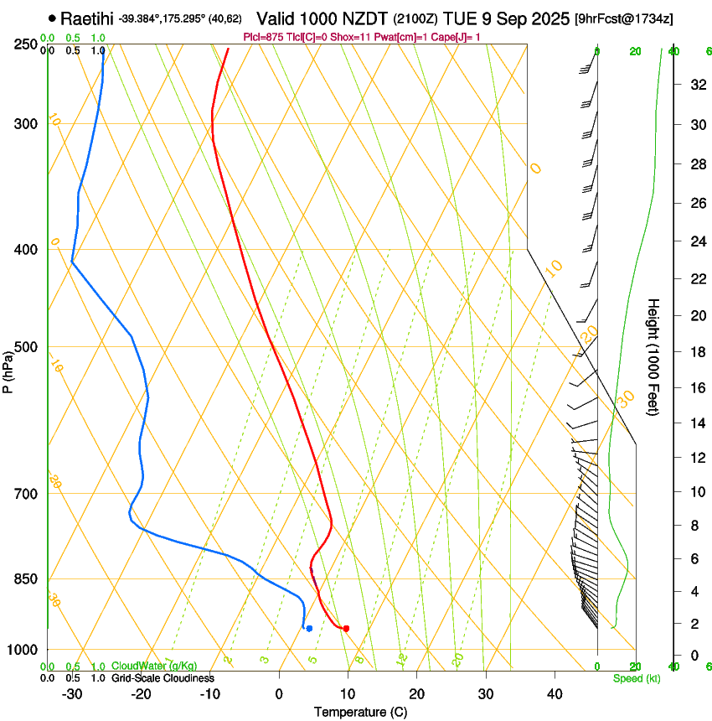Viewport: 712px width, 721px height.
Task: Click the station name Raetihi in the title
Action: tap(87, 18)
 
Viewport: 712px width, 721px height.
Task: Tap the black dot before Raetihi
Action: tap(53, 18)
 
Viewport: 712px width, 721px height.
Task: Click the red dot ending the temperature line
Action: tap(346, 628)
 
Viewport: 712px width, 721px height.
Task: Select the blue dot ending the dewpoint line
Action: tap(309, 628)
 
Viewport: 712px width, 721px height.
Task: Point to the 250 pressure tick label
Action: tap(25, 44)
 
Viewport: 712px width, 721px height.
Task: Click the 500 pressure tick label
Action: tap(25, 347)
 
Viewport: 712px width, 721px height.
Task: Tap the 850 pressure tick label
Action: tap(25, 578)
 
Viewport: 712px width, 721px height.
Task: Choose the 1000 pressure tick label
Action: tap(23, 650)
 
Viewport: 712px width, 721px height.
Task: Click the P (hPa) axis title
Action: tap(8, 367)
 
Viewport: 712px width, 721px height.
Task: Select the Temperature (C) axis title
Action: tap(360, 712)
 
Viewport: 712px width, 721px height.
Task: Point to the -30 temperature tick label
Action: tap(72, 693)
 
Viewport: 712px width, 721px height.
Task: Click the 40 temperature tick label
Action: tap(555, 693)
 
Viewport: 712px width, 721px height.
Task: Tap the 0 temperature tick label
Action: tap(279, 693)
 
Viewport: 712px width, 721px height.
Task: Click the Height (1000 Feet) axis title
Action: tap(654, 356)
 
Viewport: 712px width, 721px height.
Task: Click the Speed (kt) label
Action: tap(637, 678)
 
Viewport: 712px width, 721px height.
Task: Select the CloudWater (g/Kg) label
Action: tap(154, 666)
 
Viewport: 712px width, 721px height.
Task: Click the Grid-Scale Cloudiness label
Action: tap(163, 678)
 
